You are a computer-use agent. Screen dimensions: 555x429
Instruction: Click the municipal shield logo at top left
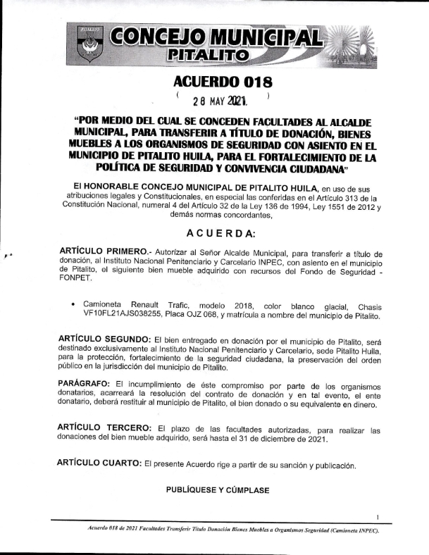tap(89, 43)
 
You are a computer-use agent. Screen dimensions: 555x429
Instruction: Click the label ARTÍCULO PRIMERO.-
tap(103, 252)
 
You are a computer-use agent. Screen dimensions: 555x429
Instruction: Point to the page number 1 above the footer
tap(378, 516)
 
